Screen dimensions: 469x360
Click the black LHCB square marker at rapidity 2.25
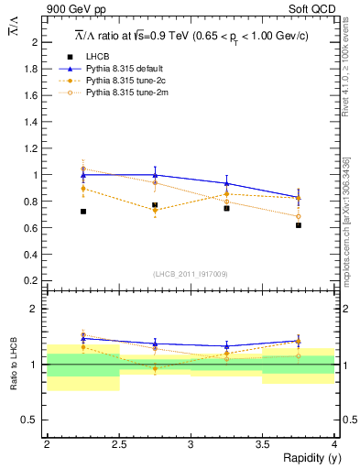coord(83,212)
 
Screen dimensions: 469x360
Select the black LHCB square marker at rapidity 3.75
coord(299,224)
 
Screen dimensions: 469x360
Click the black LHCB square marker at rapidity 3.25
coord(226,208)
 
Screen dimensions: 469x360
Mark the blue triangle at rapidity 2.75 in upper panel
coord(155,174)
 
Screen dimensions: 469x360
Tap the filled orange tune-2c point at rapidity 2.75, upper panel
coord(155,210)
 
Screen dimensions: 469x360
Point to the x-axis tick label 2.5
coord(119,444)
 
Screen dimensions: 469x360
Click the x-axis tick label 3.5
coord(262,444)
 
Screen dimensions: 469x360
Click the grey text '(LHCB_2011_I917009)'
coord(191,273)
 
